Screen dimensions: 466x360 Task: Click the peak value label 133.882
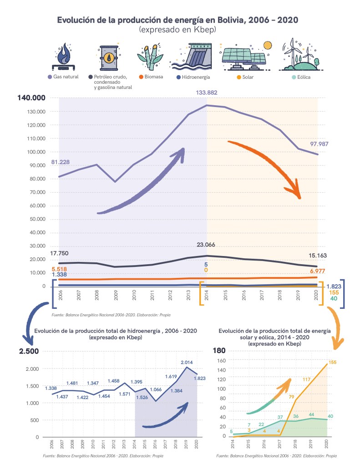[x=207, y=92]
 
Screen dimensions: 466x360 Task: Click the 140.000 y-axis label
[x=32, y=98]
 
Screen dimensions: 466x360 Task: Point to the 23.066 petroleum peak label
[x=206, y=245]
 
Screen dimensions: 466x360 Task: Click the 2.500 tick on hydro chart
[x=29, y=351]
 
